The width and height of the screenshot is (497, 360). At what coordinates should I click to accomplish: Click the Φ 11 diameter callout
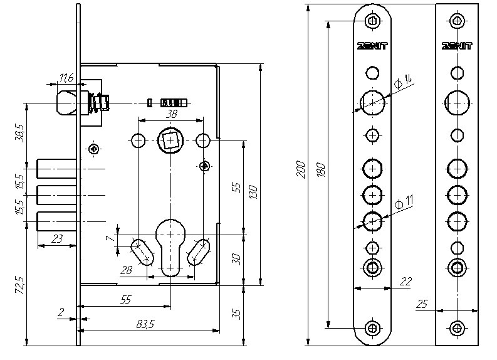click(x=404, y=201)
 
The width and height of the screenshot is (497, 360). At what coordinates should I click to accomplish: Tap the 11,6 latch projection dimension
click(x=66, y=78)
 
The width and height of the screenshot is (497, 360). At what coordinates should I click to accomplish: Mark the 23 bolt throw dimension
click(x=56, y=239)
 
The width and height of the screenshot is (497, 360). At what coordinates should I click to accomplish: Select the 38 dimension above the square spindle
click(x=170, y=115)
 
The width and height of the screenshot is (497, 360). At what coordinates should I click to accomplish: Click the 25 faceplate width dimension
click(x=421, y=304)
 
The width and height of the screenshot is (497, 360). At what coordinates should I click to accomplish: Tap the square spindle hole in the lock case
click(x=170, y=139)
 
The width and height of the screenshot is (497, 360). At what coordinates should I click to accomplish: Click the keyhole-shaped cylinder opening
click(x=170, y=241)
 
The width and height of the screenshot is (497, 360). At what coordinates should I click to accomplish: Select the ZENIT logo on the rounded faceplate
click(x=372, y=46)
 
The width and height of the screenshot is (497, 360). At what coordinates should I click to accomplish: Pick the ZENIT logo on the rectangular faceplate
click(x=457, y=46)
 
